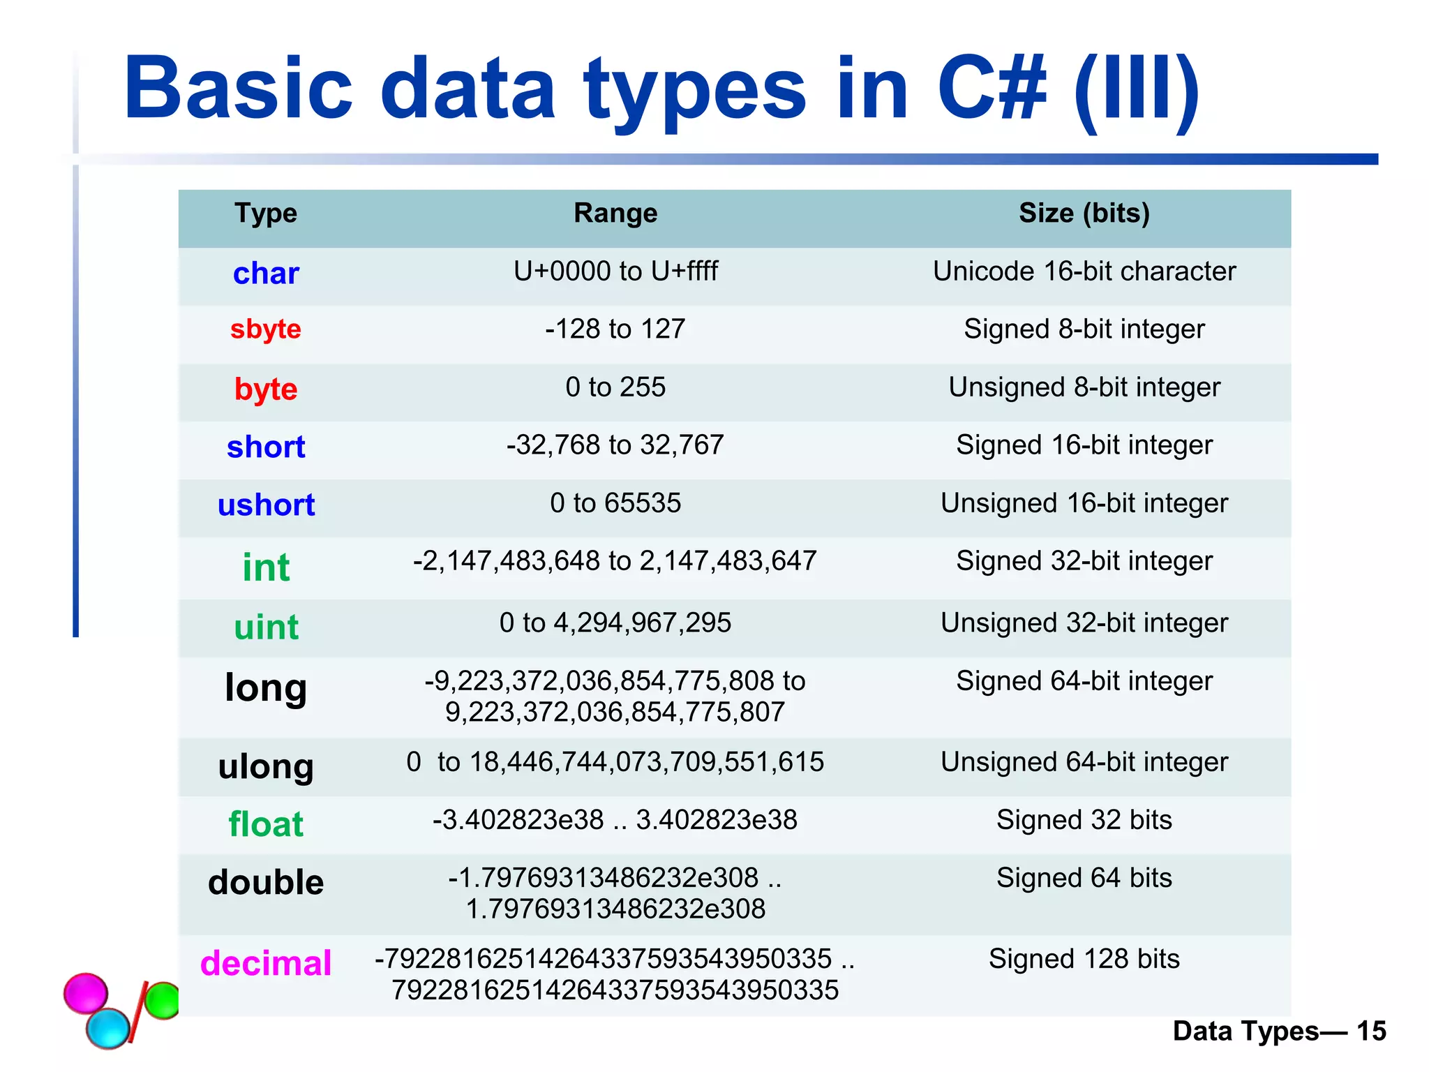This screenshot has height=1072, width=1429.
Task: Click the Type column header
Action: tap(266, 213)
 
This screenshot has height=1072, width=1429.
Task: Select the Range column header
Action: tap(615, 213)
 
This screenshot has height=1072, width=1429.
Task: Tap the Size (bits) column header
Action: tap(1084, 213)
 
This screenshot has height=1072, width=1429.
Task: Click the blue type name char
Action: tap(266, 273)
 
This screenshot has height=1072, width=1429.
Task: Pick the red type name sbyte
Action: tap(266, 329)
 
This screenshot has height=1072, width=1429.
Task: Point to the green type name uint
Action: tap(266, 627)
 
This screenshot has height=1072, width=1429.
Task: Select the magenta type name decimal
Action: tap(266, 963)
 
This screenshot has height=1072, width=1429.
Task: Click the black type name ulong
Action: tap(266, 766)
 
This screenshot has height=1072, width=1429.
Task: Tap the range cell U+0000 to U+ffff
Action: tap(615, 271)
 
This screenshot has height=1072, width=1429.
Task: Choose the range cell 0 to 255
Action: tap(615, 387)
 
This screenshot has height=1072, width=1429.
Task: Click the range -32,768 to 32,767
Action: tap(615, 445)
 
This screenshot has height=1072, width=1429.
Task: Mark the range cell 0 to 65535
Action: tap(615, 502)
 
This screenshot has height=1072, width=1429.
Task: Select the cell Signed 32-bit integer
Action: tap(1084, 561)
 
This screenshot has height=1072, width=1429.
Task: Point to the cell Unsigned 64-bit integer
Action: tap(1084, 762)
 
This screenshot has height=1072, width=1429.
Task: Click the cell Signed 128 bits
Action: tap(1084, 959)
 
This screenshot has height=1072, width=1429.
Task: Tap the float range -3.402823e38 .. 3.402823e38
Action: tap(615, 820)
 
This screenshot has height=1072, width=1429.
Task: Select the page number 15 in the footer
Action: tap(1371, 1031)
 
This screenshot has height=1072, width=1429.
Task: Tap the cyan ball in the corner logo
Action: tap(108, 1027)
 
